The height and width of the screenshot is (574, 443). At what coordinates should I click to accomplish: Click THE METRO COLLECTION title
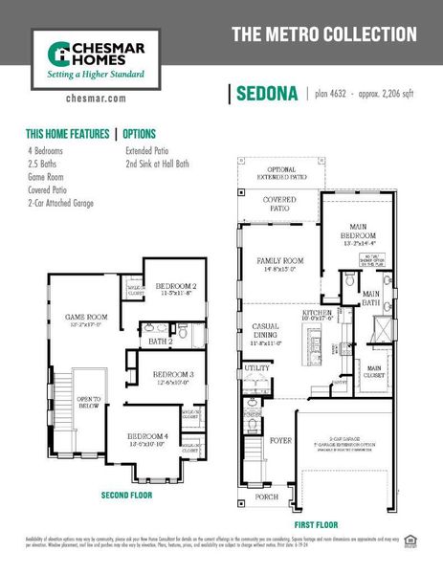tap(324, 35)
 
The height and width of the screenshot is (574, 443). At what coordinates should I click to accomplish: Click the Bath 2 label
tap(160, 341)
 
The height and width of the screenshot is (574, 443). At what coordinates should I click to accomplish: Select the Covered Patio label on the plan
tap(279, 204)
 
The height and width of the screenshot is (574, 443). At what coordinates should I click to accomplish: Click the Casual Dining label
tap(264, 331)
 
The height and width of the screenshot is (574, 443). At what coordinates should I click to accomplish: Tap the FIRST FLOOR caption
tap(315, 524)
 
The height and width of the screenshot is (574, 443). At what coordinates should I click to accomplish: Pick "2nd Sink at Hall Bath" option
tap(157, 164)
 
